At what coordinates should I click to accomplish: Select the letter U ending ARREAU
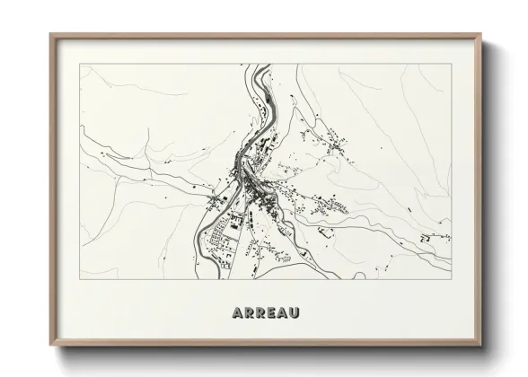click(x=294, y=313)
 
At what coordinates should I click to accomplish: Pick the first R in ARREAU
click(x=248, y=313)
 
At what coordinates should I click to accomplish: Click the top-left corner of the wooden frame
click(x=50, y=34)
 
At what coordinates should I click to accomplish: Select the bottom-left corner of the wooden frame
click(x=50, y=346)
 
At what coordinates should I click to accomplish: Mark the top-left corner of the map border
click(x=80, y=64)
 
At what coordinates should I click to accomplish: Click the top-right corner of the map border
click(x=452, y=64)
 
